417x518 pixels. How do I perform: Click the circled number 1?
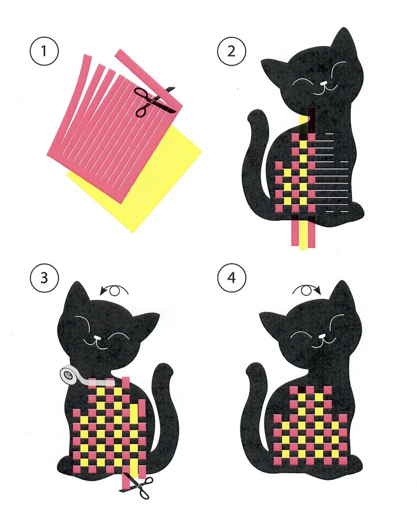44,52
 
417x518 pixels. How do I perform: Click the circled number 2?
232,52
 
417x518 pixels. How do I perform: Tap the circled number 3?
44,278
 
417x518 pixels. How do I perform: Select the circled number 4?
232,278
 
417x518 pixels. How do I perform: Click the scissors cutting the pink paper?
155,100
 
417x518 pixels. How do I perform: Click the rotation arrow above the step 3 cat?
114,291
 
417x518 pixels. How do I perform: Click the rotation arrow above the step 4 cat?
307,291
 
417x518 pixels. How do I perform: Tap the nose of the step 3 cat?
97,338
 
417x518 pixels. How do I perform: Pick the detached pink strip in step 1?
148,79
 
